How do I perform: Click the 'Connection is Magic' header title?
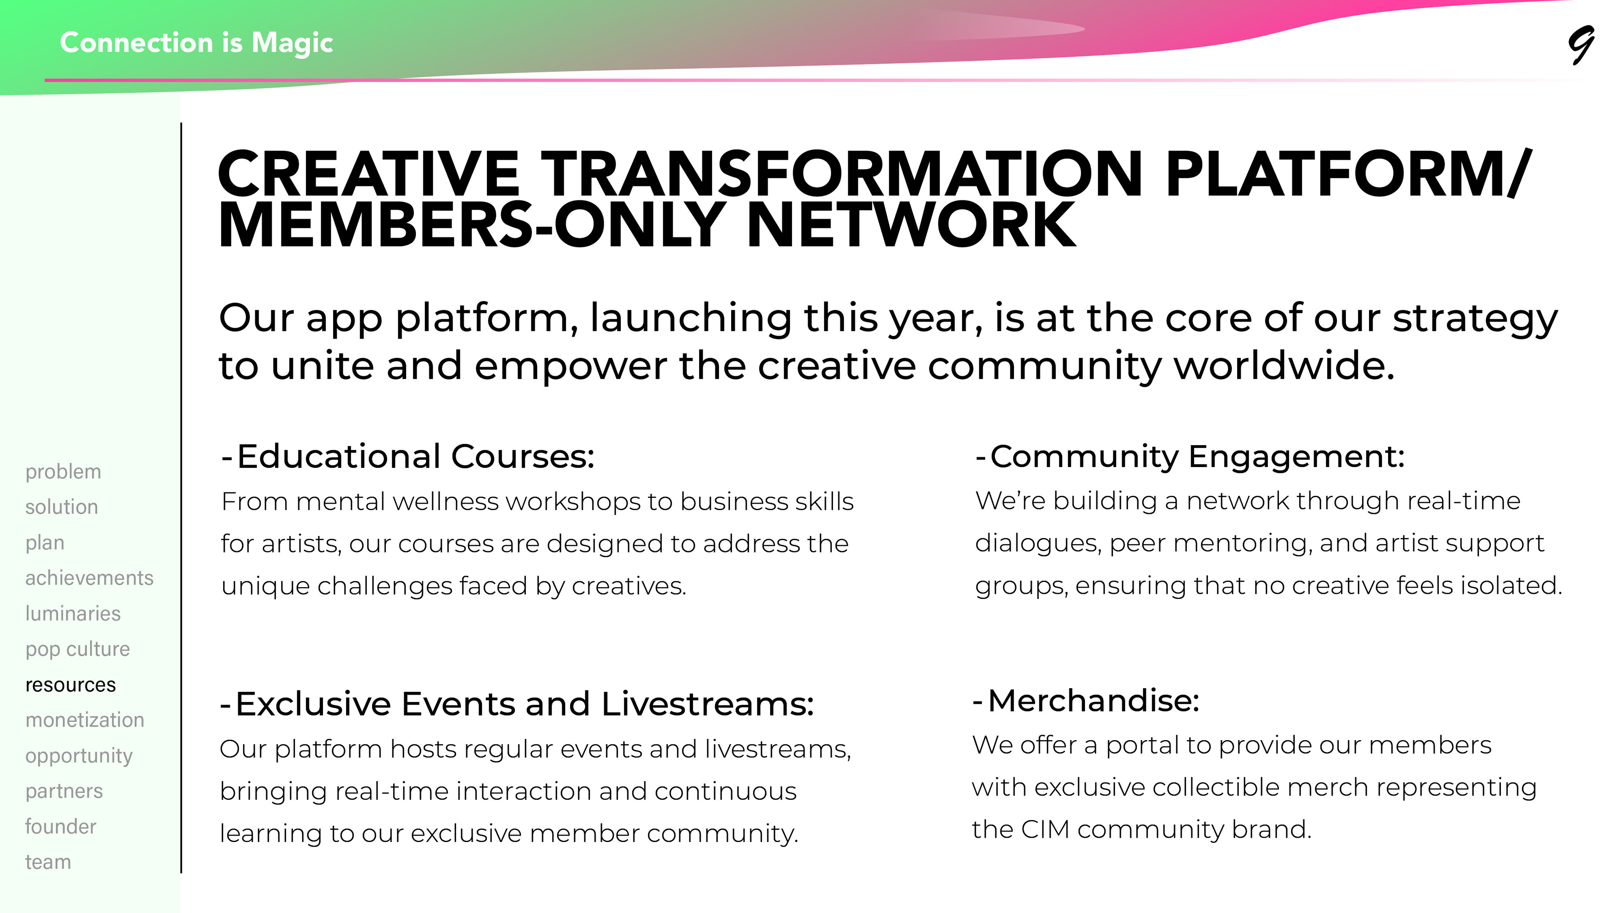click(197, 42)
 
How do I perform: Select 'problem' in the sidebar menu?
click(63, 471)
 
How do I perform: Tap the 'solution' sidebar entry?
click(62, 507)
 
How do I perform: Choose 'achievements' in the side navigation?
click(90, 578)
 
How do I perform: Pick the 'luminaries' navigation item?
click(73, 613)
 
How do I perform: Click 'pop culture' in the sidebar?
click(77, 649)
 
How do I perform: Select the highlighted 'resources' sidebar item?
click(71, 685)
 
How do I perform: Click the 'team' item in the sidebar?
click(48, 862)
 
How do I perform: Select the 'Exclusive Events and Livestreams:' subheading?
click(516, 704)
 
